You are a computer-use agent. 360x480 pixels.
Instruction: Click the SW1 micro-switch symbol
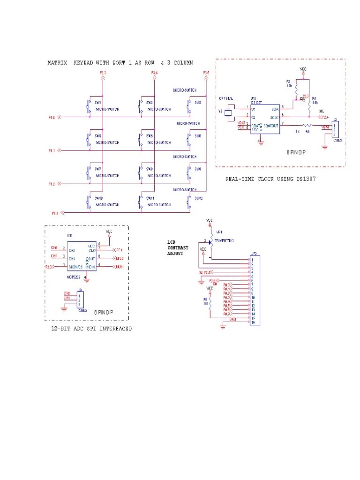(89, 106)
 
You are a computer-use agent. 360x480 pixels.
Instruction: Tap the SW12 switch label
(199, 198)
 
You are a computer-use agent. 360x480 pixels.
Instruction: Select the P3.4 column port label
(154, 73)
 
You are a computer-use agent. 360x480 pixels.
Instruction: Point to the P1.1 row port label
(52, 150)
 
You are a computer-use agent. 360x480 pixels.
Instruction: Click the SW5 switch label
(149, 136)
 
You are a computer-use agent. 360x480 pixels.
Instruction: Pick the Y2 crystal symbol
(228, 113)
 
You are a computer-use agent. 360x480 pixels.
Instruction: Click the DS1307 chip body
(264, 119)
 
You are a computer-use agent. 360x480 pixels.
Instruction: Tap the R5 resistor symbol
(307, 125)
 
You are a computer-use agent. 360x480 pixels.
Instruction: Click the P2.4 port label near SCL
(325, 116)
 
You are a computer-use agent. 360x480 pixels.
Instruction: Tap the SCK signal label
(120, 249)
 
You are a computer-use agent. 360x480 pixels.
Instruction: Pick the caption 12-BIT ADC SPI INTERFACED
(91, 329)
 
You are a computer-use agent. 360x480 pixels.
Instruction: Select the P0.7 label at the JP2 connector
(227, 314)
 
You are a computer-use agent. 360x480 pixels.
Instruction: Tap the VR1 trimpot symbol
(210, 240)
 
